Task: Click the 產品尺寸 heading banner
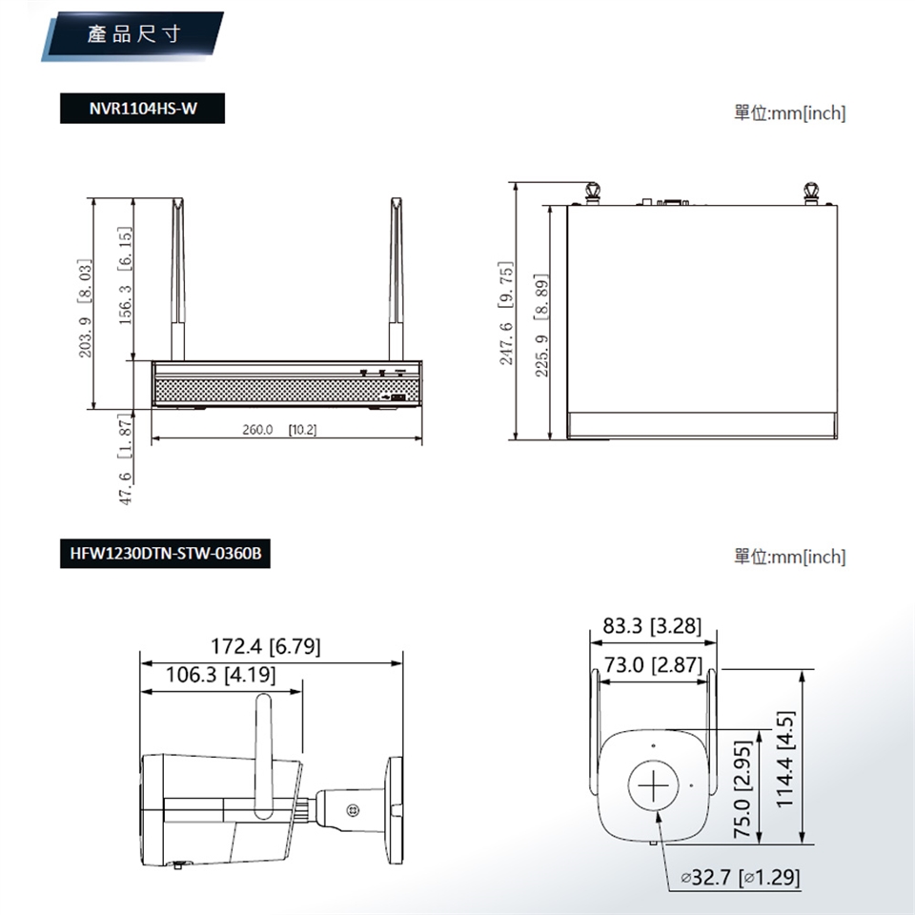coord(132,34)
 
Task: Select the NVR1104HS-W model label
coord(142,109)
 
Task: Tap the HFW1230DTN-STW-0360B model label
coord(165,553)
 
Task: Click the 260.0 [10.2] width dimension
coord(279,430)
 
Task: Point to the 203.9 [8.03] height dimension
coord(85,308)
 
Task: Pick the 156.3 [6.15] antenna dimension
coord(125,275)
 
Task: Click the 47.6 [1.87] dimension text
coord(125,458)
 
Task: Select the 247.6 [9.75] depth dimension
coord(505,314)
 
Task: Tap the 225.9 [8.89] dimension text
coord(541,325)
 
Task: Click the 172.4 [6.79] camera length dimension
coord(266,646)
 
